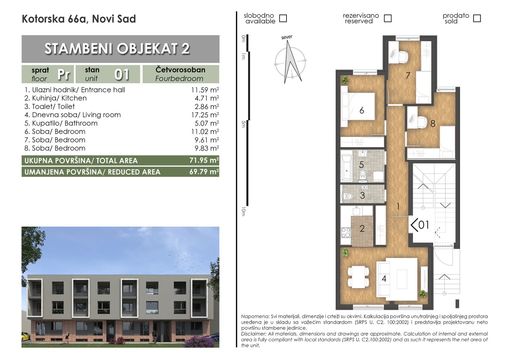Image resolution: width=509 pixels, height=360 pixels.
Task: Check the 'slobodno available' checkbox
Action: tap(283, 18)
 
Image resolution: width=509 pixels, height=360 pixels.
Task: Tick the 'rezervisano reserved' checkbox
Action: tap(388, 18)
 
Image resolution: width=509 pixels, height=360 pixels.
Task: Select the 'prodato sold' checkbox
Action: tap(477, 18)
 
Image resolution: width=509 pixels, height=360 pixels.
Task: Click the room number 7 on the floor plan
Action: tap(408, 76)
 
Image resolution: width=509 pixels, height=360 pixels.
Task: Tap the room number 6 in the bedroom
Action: tap(362, 111)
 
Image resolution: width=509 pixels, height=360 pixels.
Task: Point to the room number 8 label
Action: tap(433, 123)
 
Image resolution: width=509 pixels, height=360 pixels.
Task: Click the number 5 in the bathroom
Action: tap(361, 165)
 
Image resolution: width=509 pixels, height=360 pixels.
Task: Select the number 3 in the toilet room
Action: tap(362, 196)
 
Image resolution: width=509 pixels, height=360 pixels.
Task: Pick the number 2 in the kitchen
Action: tap(362, 229)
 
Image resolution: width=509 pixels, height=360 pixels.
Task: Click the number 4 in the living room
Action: tap(384, 279)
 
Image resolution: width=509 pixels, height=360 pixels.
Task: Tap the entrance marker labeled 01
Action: tap(420, 225)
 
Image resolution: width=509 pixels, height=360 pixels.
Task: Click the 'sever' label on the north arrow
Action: tap(287, 37)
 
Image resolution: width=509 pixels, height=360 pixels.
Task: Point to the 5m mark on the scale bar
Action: tap(244, 124)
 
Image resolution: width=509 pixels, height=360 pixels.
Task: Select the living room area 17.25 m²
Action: tap(205, 115)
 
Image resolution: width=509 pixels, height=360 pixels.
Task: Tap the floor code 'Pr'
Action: tap(64, 74)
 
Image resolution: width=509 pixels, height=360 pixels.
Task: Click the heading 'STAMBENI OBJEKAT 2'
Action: tap(117, 49)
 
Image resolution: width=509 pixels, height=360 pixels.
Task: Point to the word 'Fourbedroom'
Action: tap(179, 79)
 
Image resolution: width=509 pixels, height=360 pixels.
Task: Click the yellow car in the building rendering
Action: tap(25, 337)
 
